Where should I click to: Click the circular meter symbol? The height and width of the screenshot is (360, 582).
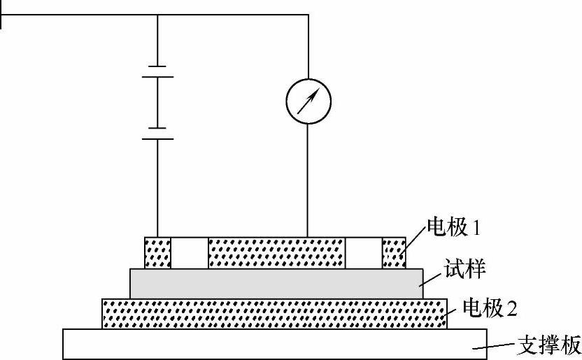pyautogui.click(x=308, y=101)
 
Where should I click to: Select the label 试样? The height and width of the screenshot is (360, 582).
pyautogui.click(x=465, y=267)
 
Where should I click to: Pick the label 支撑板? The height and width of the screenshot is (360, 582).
pyautogui.click(x=548, y=345)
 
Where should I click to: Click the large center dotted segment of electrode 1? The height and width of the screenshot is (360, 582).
pyautogui.click(x=276, y=253)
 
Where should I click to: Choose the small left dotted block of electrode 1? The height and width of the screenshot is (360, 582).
pyautogui.click(x=157, y=253)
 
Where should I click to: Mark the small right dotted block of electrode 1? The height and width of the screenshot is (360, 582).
pyautogui.click(x=394, y=253)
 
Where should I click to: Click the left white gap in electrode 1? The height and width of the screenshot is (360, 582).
pyautogui.click(x=190, y=253)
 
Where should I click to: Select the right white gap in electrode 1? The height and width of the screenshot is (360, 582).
pyautogui.click(x=364, y=253)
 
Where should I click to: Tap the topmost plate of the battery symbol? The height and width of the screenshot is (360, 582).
pyautogui.click(x=157, y=66)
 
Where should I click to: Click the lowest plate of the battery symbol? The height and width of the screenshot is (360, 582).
pyautogui.click(x=157, y=138)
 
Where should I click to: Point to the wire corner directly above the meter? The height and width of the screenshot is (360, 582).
pyautogui.click(x=308, y=14)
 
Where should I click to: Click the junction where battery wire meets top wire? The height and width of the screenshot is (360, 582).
pyautogui.click(x=157, y=14)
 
